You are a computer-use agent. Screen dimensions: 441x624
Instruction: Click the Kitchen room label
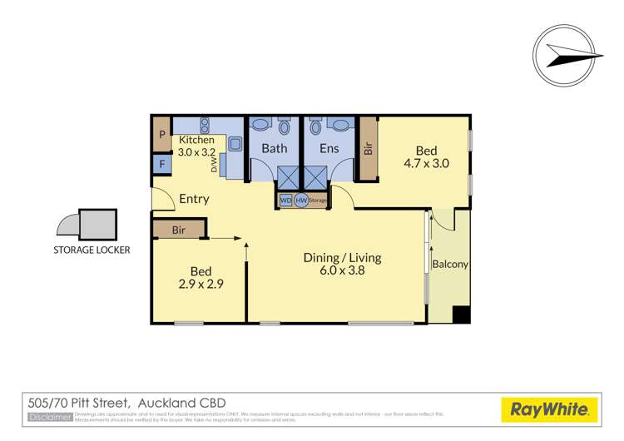196,140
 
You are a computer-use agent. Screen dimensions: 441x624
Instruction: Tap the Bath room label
274,149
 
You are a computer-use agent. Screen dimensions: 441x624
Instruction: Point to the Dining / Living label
341,257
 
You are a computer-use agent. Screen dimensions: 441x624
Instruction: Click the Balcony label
450,265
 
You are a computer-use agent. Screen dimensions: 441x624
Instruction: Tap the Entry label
194,199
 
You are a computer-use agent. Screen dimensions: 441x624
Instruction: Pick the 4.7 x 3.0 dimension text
426,164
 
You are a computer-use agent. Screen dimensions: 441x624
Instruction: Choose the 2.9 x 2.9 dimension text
201,284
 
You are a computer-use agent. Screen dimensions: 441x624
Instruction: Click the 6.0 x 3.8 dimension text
341,270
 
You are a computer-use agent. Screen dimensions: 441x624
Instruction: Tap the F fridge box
161,164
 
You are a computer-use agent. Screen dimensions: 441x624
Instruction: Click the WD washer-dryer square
285,200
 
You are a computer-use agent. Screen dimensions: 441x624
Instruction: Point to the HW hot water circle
301,200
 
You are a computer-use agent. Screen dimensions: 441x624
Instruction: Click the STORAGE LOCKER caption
92,249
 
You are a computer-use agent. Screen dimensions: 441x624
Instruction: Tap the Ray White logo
549,409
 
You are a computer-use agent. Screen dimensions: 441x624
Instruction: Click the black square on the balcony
461,315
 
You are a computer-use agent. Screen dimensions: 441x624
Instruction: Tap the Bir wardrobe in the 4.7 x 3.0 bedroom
367,150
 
